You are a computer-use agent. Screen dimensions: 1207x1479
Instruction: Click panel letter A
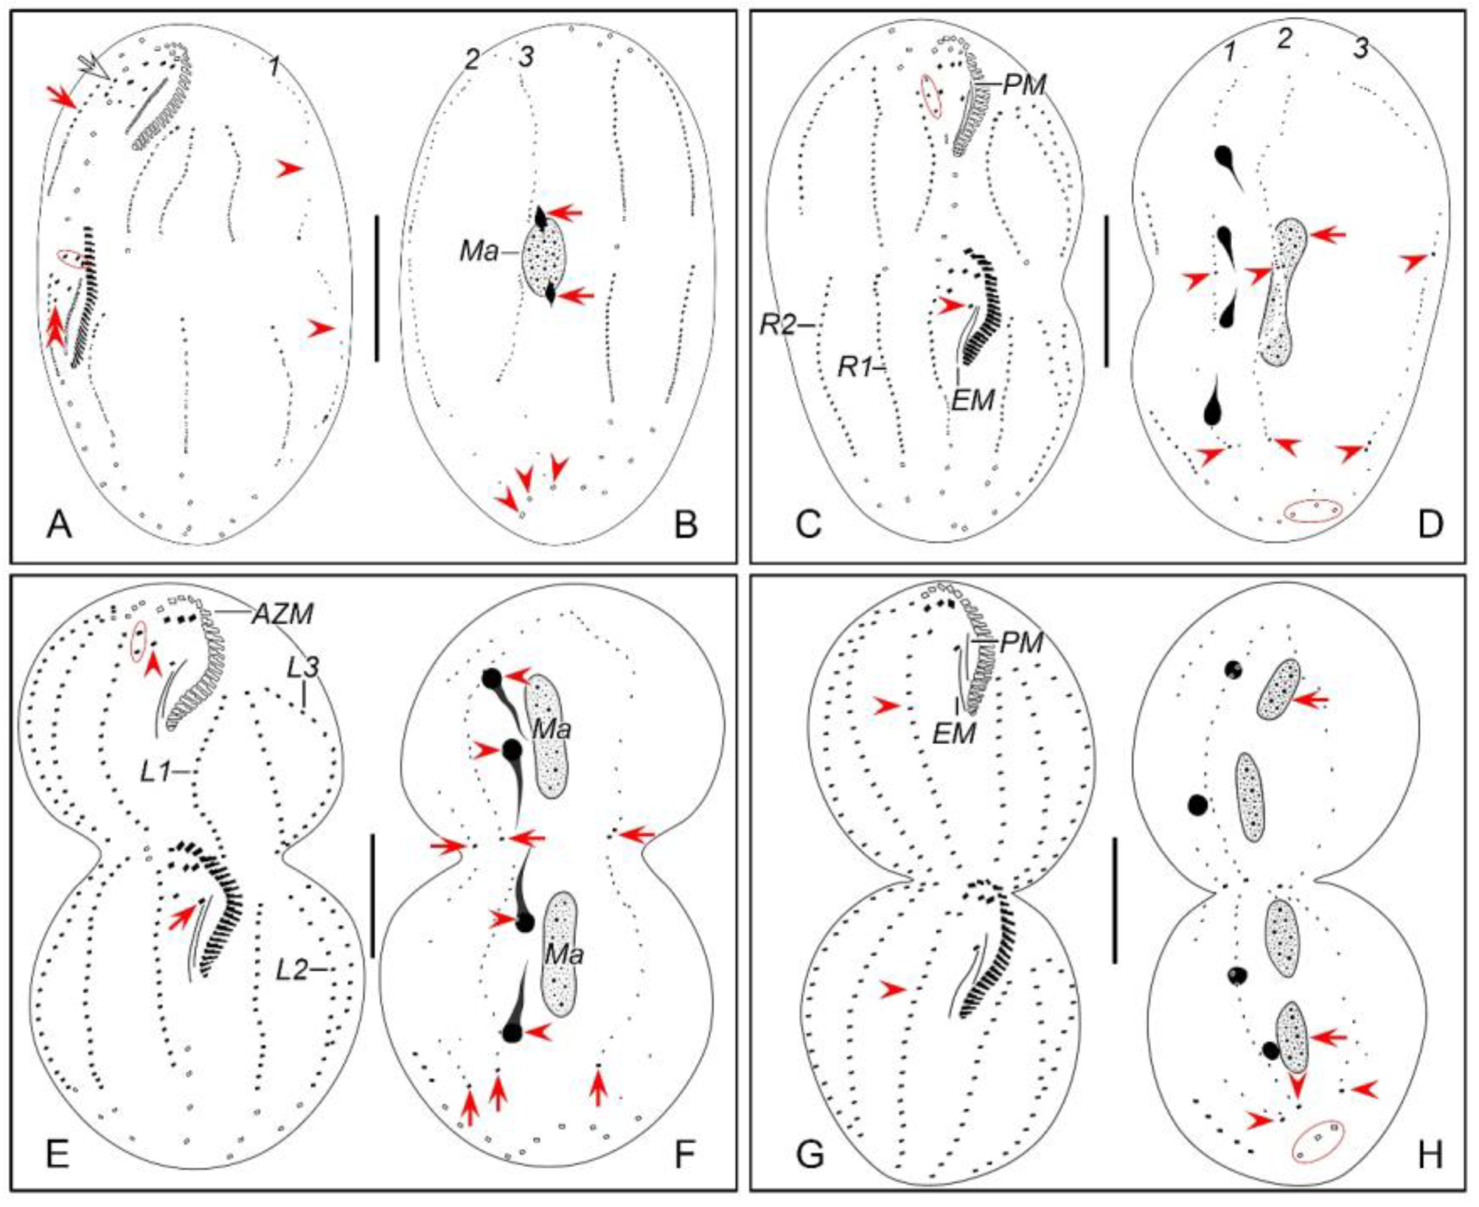59,525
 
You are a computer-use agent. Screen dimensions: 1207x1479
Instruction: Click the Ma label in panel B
479,252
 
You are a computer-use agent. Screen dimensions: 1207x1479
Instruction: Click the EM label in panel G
955,733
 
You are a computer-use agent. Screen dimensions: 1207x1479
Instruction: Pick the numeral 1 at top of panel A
276,67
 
